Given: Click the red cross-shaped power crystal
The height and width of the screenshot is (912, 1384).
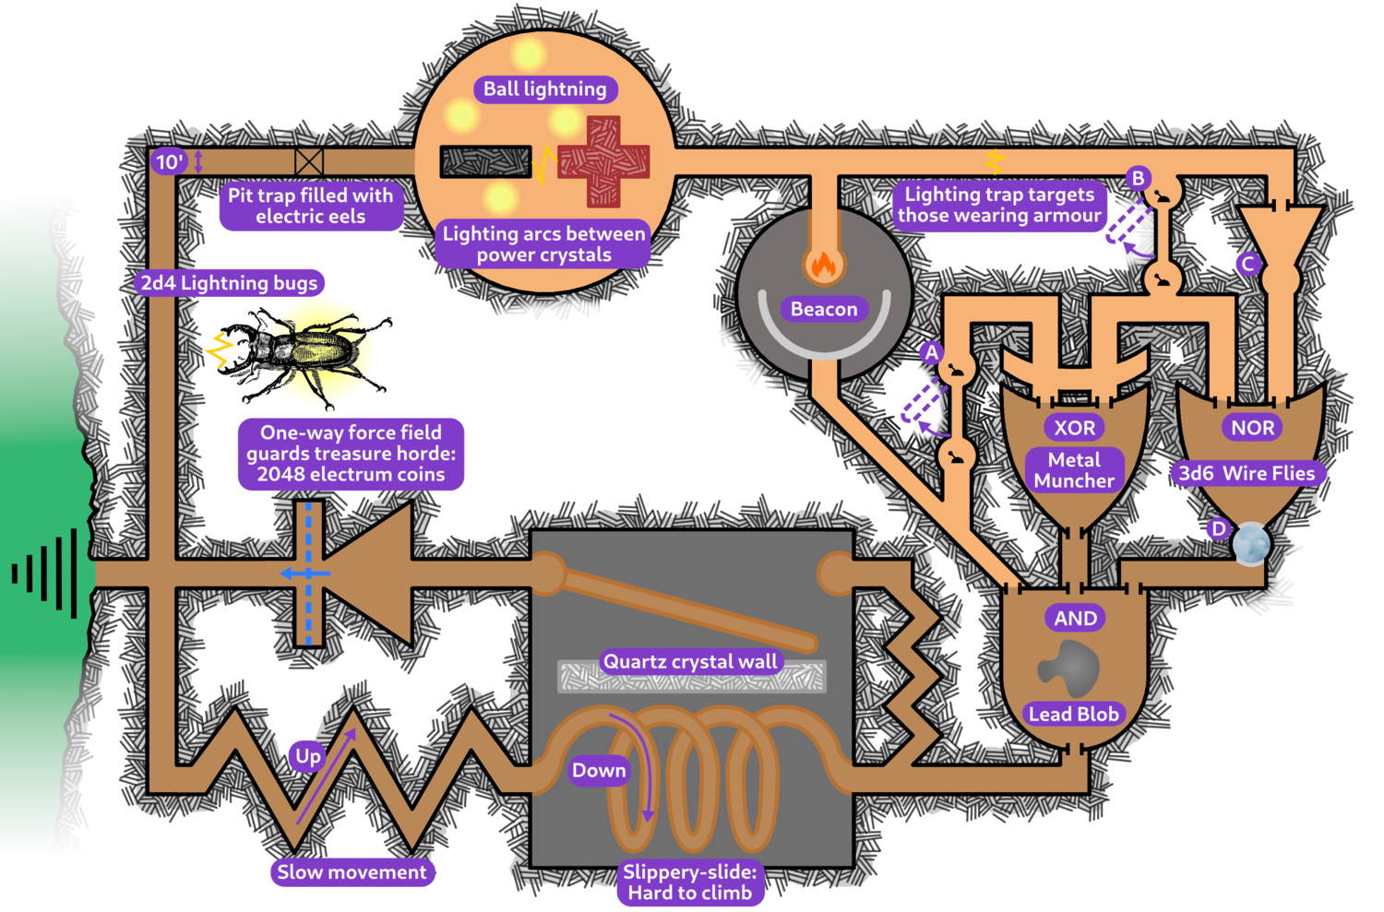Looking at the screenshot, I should click(603, 160).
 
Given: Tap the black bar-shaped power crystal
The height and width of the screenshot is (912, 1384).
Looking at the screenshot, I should click(485, 161).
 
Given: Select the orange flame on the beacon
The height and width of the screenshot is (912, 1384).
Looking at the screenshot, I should click(822, 266).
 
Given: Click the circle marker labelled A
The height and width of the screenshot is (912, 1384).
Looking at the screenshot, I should click(932, 352).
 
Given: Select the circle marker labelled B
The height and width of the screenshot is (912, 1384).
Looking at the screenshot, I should click(1138, 178).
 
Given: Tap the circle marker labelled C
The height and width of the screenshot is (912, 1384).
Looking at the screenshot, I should click(1248, 265).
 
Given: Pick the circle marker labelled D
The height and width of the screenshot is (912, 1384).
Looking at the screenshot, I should click(1219, 528).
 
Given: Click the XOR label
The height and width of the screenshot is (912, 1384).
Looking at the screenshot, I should click(1075, 428).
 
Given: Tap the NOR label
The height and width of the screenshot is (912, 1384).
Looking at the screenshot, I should click(1252, 428).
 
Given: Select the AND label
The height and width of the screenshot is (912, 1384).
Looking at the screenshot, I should click(1076, 619).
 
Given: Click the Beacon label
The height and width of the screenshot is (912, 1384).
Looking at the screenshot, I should click(824, 309).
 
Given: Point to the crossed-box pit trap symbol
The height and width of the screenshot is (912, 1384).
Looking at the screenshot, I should click(309, 162).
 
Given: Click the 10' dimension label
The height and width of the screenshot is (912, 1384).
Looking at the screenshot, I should click(169, 162).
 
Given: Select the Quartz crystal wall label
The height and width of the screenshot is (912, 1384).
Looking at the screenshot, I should click(690, 661).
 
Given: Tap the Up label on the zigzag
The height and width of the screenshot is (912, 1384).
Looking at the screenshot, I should click(308, 756).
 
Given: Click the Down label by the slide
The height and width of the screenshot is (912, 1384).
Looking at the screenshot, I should click(599, 770).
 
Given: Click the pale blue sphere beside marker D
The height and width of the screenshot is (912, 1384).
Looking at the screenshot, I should click(1251, 544).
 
